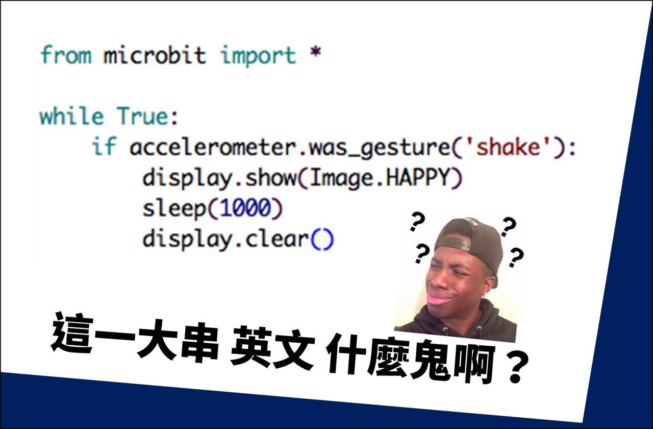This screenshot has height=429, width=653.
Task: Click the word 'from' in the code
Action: pos(66,55)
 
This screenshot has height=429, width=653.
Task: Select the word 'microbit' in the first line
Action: pos(155,55)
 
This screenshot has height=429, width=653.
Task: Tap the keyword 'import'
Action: pos(258,55)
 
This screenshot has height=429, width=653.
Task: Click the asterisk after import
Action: pos(315,53)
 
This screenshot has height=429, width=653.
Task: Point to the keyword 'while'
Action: pos(71,116)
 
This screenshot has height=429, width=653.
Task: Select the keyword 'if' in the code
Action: pos(104,148)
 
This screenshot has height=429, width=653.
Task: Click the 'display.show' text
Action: pos(219,178)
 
